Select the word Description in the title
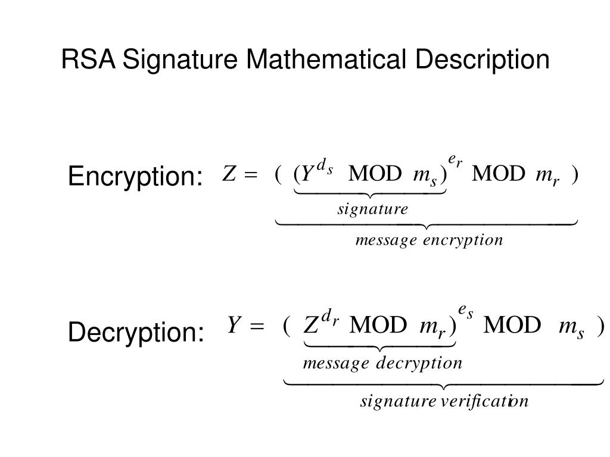(x=482, y=61)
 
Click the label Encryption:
(x=135, y=177)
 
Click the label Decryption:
(x=136, y=333)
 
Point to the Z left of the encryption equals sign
(x=229, y=173)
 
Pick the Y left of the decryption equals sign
(x=234, y=325)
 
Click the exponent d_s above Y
(x=325, y=167)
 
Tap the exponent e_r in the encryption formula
(x=455, y=161)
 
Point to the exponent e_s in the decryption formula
(x=466, y=312)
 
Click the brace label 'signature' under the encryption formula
(x=373, y=209)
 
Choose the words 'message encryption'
(x=429, y=240)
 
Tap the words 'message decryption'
(x=383, y=364)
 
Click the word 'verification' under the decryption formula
(x=485, y=400)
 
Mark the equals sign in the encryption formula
(x=251, y=174)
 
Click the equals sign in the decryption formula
(x=257, y=325)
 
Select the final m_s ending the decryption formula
(x=571, y=328)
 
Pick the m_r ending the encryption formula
(x=547, y=177)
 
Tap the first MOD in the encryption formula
(x=375, y=173)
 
